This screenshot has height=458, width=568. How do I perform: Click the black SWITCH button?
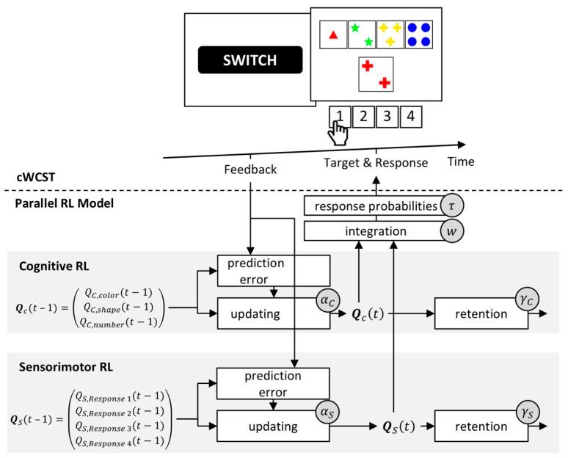(x=250, y=59)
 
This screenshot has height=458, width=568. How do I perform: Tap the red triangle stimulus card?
(x=333, y=34)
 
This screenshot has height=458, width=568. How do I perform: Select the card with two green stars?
(x=361, y=34)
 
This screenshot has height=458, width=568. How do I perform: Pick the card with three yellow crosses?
(x=390, y=34)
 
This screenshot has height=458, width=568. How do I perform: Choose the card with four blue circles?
(x=418, y=34)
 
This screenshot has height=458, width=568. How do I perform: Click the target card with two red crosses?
(x=376, y=74)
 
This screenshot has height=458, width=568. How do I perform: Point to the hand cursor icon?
(x=339, y=132)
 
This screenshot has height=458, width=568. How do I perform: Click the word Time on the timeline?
(x=462, y=161)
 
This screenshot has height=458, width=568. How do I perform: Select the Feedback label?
(x=251, y=170)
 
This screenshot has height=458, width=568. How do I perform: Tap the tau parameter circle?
(x=450, y=206)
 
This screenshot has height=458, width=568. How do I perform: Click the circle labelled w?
(x=450, y=232)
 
